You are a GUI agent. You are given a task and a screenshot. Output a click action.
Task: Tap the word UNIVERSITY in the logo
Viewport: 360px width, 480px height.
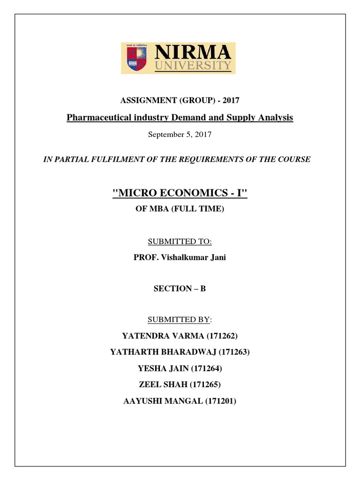click(x=194, y=66)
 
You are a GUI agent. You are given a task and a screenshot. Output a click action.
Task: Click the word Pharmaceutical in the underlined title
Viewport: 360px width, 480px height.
click(x=95, y=118)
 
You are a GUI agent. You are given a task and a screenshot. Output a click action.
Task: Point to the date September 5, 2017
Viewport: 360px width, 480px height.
click(x=180, y=135)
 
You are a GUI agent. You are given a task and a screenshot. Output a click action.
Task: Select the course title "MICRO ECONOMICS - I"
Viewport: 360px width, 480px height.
click(x=180, y=193)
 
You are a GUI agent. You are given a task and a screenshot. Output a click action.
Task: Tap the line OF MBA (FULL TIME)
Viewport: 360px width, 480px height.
click(x=180, y=209)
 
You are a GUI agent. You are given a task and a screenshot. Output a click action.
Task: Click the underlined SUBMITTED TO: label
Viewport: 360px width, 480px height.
click(x=180, y=241)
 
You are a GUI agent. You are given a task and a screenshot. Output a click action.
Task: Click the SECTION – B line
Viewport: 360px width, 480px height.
click(x=180, y=289)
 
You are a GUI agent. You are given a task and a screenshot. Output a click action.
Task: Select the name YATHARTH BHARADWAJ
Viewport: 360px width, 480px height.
click(x=165, y=352)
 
